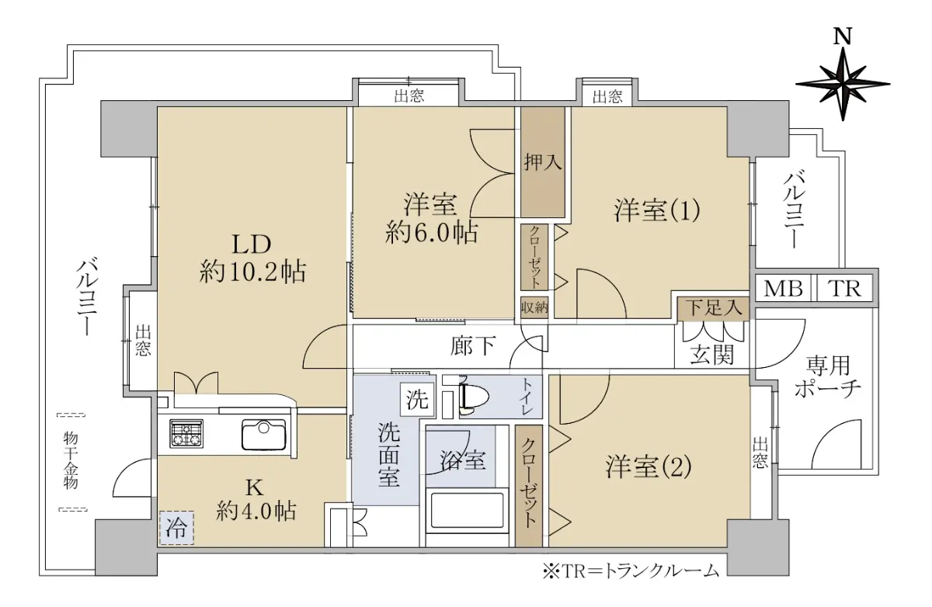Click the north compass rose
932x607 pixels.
(843, 85)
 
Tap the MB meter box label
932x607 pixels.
(783, 289)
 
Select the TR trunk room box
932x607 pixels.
(845, 288)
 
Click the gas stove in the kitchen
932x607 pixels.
(186, 434)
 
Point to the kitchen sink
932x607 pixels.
(264, 435)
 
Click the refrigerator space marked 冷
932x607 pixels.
(176, 528)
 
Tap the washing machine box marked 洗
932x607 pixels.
(417, 400)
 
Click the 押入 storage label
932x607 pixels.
(543, 161)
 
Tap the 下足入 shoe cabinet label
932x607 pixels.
(714, 308)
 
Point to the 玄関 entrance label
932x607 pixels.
(712, 355)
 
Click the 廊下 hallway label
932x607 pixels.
(473, 346)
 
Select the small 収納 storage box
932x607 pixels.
(534, 307)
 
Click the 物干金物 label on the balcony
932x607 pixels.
(71, 460)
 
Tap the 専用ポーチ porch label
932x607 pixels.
(827, 377)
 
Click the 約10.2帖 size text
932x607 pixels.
(252, 272)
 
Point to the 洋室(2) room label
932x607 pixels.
(649, 467)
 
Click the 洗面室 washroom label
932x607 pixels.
(389, 454)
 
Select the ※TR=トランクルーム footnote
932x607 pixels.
(631, 571)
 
